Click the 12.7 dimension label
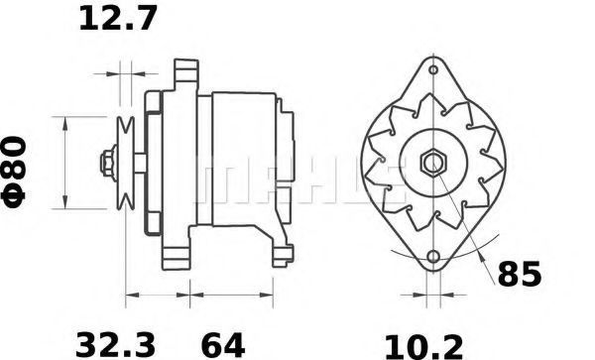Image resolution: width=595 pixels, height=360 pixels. click(x=118, y=19)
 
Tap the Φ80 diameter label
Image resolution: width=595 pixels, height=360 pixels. click(x=14, y=173)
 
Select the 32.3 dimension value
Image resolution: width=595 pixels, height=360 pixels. click(x=116, y=345)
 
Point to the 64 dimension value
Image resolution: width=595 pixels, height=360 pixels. click(x=223, y=345)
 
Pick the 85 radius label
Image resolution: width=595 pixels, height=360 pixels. click(x=519, y=274)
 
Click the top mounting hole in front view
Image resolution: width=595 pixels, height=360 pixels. click(x=433, y=69)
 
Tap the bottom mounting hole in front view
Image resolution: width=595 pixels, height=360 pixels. click(x=433, y=257)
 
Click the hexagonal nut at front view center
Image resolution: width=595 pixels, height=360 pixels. click(x=433, y=163)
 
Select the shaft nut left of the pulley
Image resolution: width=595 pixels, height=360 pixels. click(x=108, y=163)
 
